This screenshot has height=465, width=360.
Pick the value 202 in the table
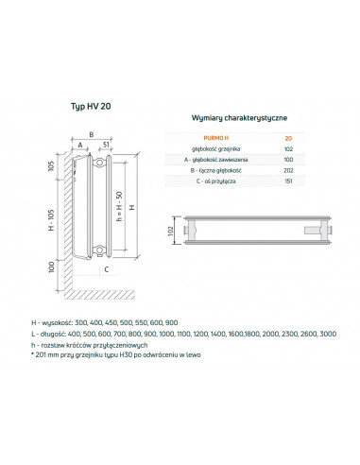[x=288, y=171]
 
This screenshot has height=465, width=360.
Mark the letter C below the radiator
[x=107, y=269]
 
